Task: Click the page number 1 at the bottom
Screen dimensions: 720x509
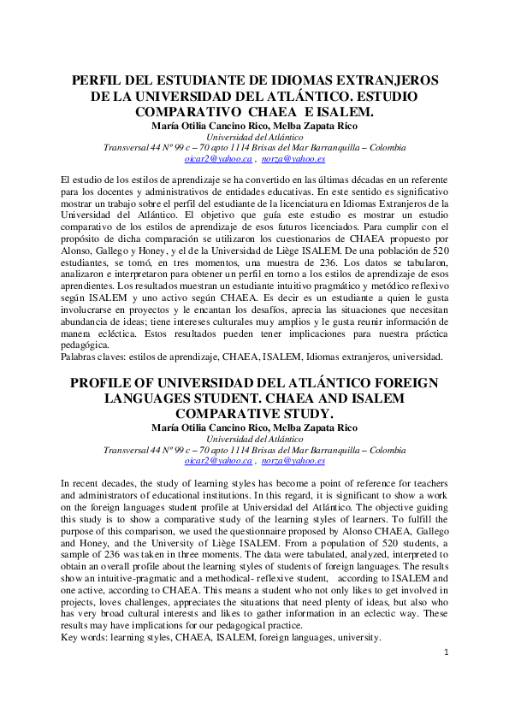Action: pos(447,652)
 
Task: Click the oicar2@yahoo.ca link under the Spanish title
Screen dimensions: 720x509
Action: pos(218,159)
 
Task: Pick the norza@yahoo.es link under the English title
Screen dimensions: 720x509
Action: pos(293,460)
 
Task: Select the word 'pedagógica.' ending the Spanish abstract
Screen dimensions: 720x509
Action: pos(85,344)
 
